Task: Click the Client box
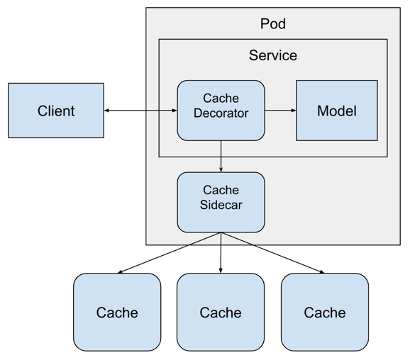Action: coord(56,111)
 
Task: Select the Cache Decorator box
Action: coord(221,110)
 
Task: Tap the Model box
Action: coord(336,111)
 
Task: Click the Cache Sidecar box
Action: coord(221,202)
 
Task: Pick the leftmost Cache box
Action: coord(117,312)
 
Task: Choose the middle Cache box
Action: coord(221,312)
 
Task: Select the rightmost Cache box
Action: coord(324,312)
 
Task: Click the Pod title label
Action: coord(273,24)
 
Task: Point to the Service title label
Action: coord(273,55)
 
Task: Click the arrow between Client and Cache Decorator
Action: coord(140,111)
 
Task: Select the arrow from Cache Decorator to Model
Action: coord(280,111)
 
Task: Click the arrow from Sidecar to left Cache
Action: coord(170,253)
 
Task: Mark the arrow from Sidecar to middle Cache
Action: coord(221,253)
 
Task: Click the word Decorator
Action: coord(221,113)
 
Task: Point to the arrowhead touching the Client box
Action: coord(107,111)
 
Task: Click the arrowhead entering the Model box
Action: coord(292,111)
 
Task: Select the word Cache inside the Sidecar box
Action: coord(221,190)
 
